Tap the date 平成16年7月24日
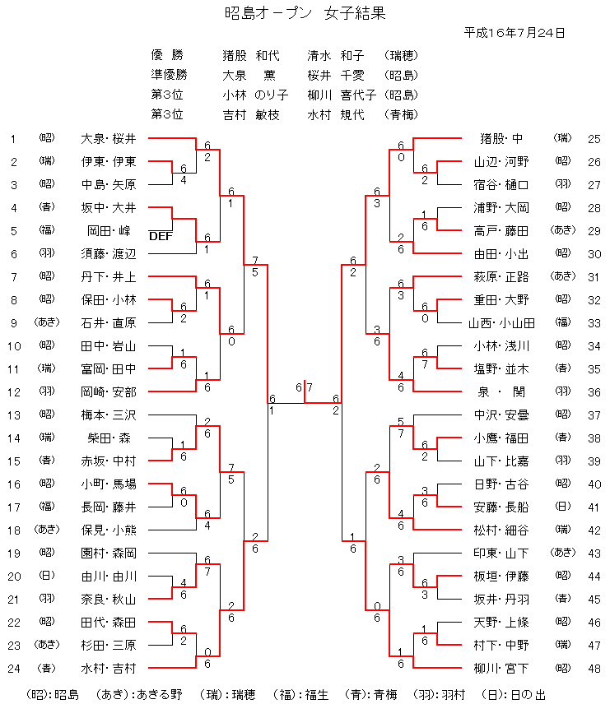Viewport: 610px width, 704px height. point(515,33)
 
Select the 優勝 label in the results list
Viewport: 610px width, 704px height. point(167,56)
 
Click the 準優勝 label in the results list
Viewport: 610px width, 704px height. point(169,75)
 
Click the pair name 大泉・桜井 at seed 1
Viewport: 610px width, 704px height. point(109,138)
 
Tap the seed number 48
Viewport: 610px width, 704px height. point(594,668)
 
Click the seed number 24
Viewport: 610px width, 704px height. point(12,668)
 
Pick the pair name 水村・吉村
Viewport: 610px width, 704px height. point(109,668)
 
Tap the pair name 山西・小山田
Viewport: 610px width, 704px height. point(502,322)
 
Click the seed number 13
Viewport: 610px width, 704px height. point(12,415)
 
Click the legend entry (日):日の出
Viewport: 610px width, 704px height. point(516,695)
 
